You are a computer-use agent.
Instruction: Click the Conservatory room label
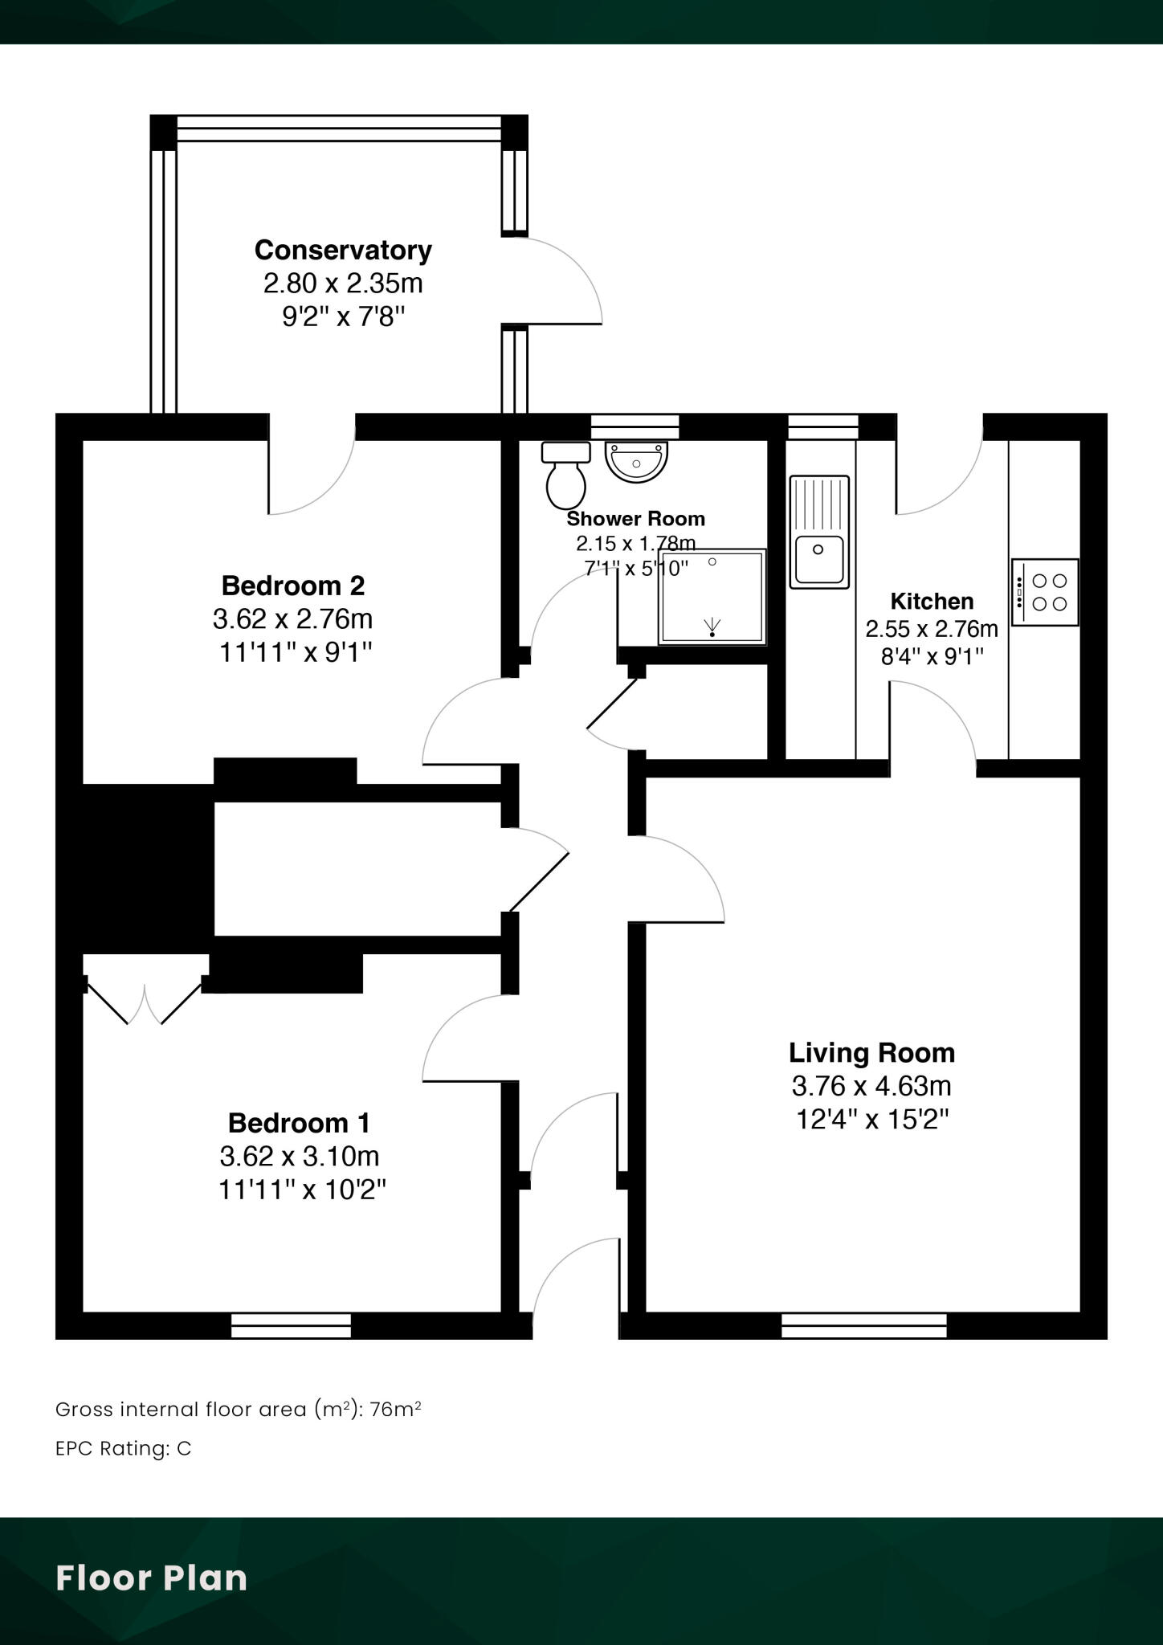[343, 250]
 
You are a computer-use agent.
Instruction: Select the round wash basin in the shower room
[636, 462]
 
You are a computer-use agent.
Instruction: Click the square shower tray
[712, 597]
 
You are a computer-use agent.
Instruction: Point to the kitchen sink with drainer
[819, 532]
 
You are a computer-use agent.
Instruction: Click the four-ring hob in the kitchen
[1045, 593]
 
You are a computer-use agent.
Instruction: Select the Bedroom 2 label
[293, 586]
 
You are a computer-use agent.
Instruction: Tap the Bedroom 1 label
[299, 1122]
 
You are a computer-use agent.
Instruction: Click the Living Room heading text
[871, 1052]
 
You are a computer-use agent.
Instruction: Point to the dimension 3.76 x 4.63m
[871, 1086]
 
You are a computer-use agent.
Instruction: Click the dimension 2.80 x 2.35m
[343, 284]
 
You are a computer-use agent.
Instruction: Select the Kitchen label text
[932, 601]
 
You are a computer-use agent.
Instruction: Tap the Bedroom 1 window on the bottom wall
[291, 1325]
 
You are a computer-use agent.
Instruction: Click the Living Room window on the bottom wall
[864, 1325]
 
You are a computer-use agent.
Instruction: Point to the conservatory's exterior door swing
[562, 281]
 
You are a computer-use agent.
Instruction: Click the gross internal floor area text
[239, 1410]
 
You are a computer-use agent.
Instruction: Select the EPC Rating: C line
[124, 1449]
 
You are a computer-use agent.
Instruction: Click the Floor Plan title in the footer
[152, 1578]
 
